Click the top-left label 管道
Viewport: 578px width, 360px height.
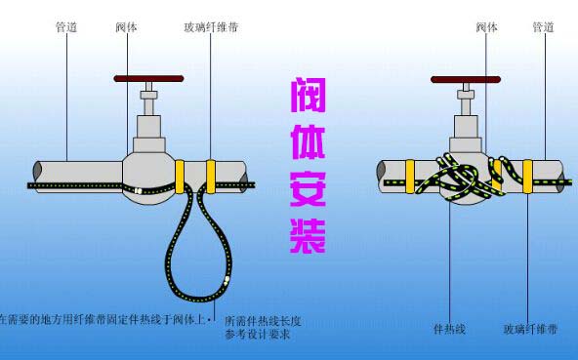click(67, 27)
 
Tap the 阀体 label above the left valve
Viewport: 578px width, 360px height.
click(126, 27)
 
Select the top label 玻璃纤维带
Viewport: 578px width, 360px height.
click(211, 27)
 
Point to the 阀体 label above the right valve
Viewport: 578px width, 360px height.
click(486, 27)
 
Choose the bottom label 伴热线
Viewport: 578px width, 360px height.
click(450, 330)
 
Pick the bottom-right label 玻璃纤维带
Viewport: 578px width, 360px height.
click(532, 330)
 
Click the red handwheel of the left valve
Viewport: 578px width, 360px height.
click(147, 75)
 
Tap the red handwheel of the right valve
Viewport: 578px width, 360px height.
click(465, 75)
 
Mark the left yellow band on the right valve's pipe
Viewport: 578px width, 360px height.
click(410, 174)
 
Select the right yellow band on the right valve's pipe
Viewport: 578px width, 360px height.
click(527, 174)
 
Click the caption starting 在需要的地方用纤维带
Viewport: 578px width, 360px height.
click(105, 320)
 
